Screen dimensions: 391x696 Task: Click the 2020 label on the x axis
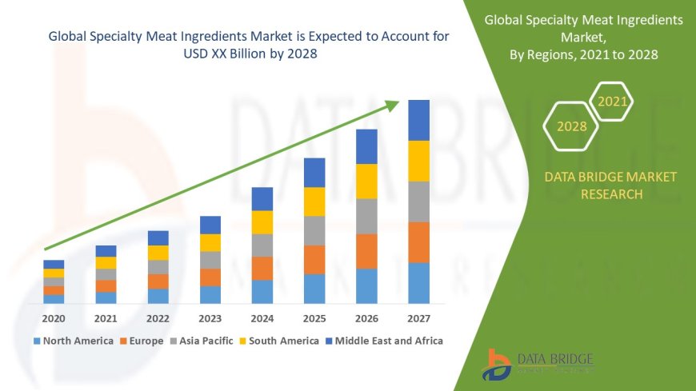pos(54,317)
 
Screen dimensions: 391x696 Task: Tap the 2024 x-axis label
pos(262,317)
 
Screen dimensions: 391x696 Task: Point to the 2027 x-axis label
pos(418,317)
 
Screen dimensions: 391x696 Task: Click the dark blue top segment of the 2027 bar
pos(418,120)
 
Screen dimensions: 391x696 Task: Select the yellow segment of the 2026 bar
pos(366,181)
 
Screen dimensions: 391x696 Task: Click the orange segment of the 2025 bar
pos(314,259)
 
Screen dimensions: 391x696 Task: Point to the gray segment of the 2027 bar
pos(418,201)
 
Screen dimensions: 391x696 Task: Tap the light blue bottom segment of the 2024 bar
pos(262,291)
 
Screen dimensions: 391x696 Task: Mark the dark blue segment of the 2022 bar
pos(158,237)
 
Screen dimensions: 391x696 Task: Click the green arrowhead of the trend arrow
pos(391,106)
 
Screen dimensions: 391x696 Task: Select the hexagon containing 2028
pos(571,126)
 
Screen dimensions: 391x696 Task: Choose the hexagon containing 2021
pos(613,102)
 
